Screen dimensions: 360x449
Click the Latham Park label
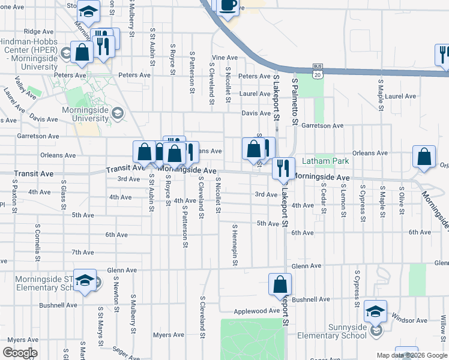(x=325, y=161)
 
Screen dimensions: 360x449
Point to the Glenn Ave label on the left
(x=122, y=271)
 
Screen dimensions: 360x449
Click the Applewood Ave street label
(x=256, y=311)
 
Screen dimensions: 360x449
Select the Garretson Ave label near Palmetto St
(x=322, y=126)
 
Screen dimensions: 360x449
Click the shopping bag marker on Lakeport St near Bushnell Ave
(x=280, y=285)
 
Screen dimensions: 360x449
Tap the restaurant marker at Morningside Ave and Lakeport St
(x=283, y=169)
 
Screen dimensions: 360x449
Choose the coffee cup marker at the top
(x=228, y=6)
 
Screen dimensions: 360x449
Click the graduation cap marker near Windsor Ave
(x=375, y=311)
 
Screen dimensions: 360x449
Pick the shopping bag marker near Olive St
(x=424, y=157)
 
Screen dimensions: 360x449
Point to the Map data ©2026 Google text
(x=412, y=355)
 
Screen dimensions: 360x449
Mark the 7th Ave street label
(x=82, y=253)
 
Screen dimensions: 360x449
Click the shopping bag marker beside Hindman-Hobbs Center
(x=82, y=53)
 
